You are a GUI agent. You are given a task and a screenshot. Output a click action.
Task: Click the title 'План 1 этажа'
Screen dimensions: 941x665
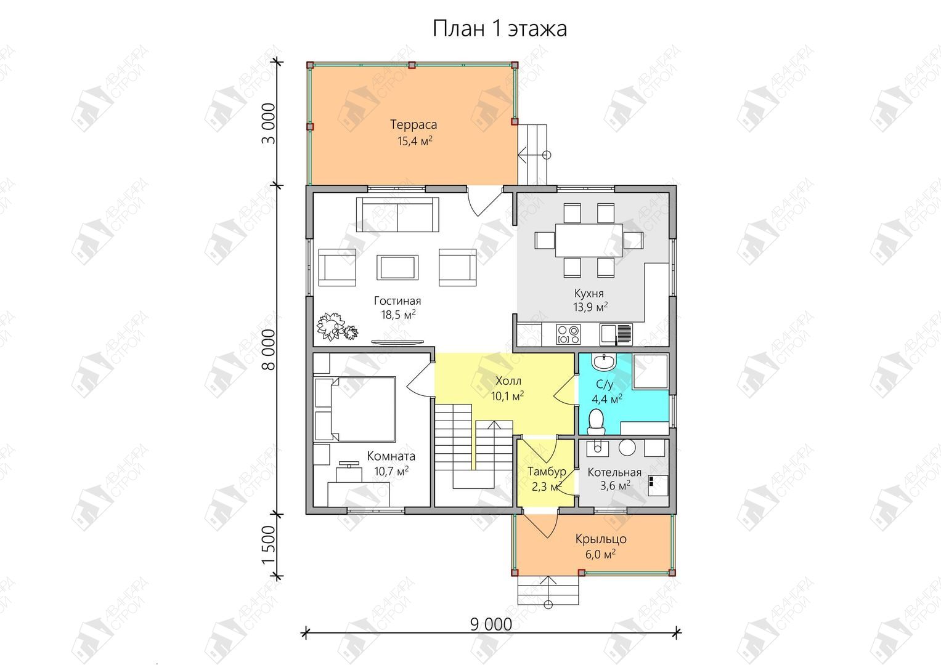(x=500, y=28)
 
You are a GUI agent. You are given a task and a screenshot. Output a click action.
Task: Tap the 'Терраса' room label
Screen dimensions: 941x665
(x=413, y=124)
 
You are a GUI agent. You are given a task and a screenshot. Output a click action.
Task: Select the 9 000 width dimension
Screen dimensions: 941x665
(x=491, y=624)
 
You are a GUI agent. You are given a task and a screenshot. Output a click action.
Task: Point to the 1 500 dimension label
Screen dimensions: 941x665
(x=269, y=545)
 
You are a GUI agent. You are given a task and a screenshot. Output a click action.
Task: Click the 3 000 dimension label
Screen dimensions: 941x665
(x=269, y=124)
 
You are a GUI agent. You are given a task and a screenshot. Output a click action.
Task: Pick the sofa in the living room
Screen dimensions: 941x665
(x=397, y=214)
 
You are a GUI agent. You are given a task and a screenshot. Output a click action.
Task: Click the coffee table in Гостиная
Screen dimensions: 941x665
(x=397, y=267)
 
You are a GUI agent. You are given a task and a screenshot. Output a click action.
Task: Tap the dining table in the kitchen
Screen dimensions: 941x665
(x=589, y=240)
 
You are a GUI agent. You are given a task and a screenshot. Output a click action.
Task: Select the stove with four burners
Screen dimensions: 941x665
(x=568, y=334)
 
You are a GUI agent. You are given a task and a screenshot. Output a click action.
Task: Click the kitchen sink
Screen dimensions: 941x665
(x=616, y=334)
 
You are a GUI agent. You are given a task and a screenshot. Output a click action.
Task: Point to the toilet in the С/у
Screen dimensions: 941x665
(x=596, y=422)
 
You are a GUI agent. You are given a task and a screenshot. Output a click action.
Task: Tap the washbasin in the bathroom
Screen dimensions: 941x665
(x=604, y=361)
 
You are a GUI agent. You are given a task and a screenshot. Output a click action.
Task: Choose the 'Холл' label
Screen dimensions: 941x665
(x=508, y=381)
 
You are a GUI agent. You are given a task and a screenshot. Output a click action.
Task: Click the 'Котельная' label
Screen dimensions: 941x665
(x=614, y=472)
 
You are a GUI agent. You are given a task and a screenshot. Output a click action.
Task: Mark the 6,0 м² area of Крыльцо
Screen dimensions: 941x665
(x=600, y=555)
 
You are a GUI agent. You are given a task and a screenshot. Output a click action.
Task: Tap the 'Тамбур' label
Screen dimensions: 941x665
(x=547, y=472)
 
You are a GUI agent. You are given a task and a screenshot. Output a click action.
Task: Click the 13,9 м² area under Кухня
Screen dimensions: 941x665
(x=590, y=307)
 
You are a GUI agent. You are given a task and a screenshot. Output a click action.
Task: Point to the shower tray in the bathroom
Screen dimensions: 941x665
(x=650, y=371)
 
